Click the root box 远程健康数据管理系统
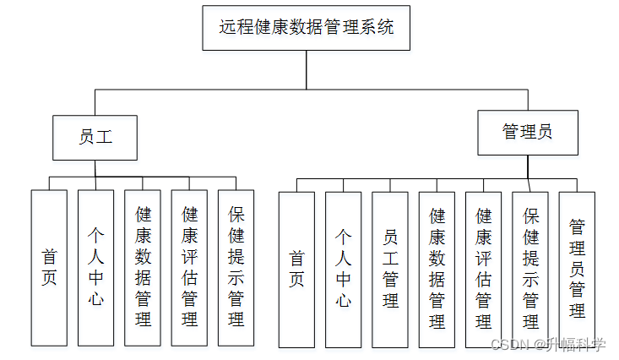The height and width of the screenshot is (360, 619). tap(306, 28)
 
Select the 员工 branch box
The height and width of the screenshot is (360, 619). tap(95, 138)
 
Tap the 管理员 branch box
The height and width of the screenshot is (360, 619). tap(528, 132)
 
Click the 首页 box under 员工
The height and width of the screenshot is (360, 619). tap(49, 267)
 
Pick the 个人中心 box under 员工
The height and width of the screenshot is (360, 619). tap(95, 267)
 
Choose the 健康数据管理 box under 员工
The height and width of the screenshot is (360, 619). tap(142, 267)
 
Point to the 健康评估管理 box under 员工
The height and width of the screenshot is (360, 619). tap(189, 267)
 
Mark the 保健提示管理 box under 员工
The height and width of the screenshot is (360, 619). tap(236, 267)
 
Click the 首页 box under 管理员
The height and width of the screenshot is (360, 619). tap(296, 269)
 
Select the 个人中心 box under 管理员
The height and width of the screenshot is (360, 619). tap(343, 269)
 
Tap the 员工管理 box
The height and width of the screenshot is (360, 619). tap(390, 269)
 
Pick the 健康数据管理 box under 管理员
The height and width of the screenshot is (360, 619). tap(437, 269)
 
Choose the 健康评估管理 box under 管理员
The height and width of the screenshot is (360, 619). tap(483, 269)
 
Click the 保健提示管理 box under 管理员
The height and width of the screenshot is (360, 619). tap(530, 269)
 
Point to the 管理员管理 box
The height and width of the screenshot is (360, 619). tap(577, 269)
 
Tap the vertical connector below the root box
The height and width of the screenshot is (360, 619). tap(307, 69)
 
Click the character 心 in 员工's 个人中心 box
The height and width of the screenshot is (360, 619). tap(95, 297)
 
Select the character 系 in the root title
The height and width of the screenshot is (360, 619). tap(369, 27)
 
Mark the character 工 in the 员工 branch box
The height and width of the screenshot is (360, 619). tap(103, 138)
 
